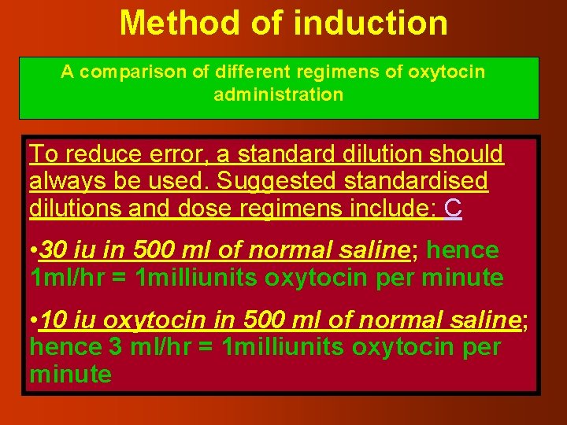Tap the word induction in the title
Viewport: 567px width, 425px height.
tap(370, 23)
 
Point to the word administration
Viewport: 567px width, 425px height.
tap(279, 95)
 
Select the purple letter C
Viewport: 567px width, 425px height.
tap(453, 209)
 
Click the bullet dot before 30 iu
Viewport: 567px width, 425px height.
tap(33, 252)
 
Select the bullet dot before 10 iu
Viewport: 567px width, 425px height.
tap(33, 321)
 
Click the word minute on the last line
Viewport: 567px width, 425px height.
tap(70, 374)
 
